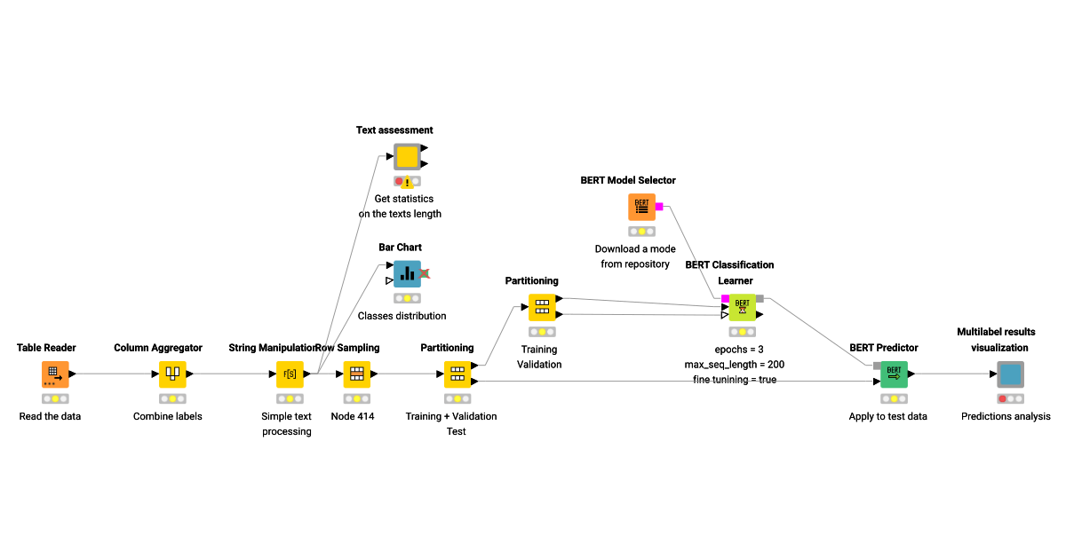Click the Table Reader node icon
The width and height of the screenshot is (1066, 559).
(55, 374)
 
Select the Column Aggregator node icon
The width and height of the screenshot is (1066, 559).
(172, 374)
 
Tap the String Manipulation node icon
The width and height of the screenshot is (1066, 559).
(290, 374)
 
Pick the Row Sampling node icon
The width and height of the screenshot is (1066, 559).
(356, 374)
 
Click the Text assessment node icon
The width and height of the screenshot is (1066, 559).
(407, 157)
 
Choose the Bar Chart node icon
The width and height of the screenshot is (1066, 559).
(407, 274)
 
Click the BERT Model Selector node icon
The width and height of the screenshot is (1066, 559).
(641, 207)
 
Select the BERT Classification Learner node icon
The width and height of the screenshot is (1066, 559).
(743, 307)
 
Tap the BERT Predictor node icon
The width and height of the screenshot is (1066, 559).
(894, 374)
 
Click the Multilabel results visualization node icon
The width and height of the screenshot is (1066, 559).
(1010, 374)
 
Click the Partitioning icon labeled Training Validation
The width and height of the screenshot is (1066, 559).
(542, 307)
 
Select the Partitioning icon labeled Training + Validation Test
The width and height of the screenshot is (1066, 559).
(457, 374)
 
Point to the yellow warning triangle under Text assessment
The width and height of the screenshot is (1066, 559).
(407, 183)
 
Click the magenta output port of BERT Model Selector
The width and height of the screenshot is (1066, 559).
(659, 207)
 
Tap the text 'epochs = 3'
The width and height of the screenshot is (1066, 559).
(739, 349)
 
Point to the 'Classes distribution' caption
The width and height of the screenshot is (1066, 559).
(402, 316)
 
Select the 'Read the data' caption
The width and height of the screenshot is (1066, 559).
(50, 416)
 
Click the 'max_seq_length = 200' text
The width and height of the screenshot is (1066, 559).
(734, 365)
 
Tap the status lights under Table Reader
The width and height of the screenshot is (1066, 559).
(55, 398)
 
